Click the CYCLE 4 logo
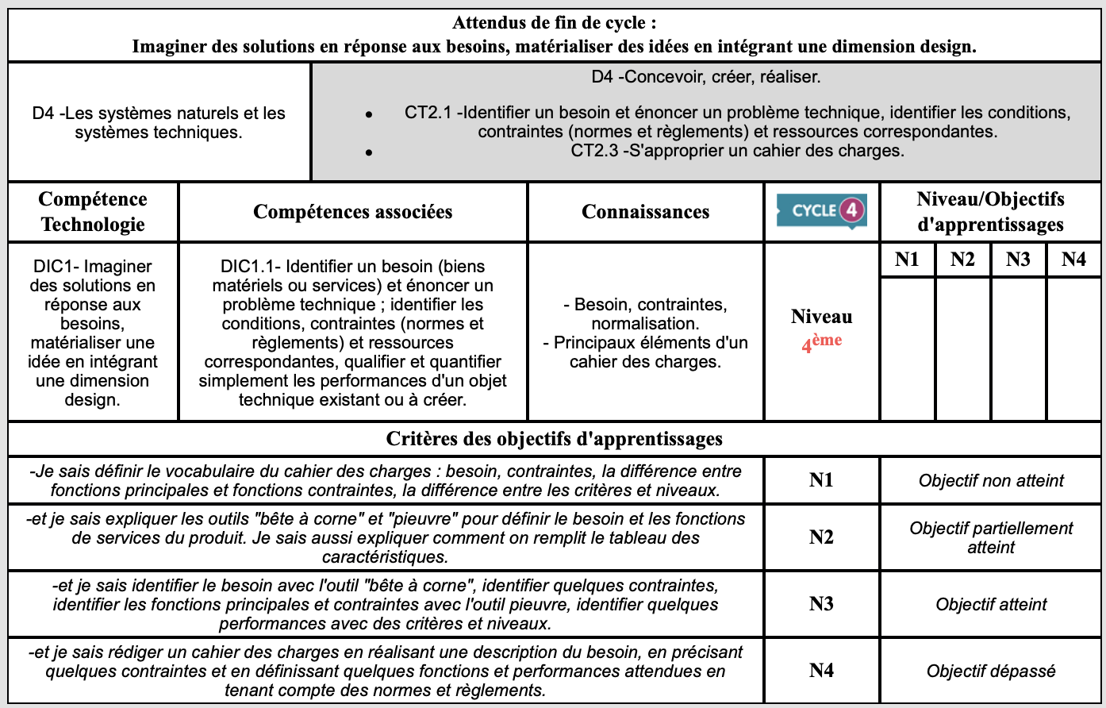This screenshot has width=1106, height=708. pos(821,211)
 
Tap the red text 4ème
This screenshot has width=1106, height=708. pos(821,343)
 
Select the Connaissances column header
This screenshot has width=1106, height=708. pos(646,212)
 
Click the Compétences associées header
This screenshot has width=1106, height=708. pos(353,212)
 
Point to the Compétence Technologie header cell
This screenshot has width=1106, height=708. pos(93,212)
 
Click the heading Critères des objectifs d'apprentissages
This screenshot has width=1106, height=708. pos(554,439)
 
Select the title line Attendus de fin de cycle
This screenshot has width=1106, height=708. pos(554,22)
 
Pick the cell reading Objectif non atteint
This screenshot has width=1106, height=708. pos(991,480)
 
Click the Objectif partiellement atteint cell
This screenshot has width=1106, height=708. pos(991,537)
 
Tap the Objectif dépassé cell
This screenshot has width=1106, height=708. pos(991,671)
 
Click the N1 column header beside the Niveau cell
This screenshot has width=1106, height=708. pos(907,260)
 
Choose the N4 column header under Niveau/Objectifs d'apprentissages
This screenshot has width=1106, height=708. pos(1073,260)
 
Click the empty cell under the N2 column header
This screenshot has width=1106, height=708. pos(962,348)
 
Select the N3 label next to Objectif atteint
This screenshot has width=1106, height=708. pos(821,604)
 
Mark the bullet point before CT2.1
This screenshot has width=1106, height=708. pos(369,114)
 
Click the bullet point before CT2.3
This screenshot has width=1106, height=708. pos(369,151)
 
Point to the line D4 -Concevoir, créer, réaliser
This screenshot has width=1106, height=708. pos(706,78)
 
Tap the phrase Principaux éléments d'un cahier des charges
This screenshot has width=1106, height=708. pos(646,352)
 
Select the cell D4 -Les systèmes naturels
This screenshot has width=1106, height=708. pos(159,123)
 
